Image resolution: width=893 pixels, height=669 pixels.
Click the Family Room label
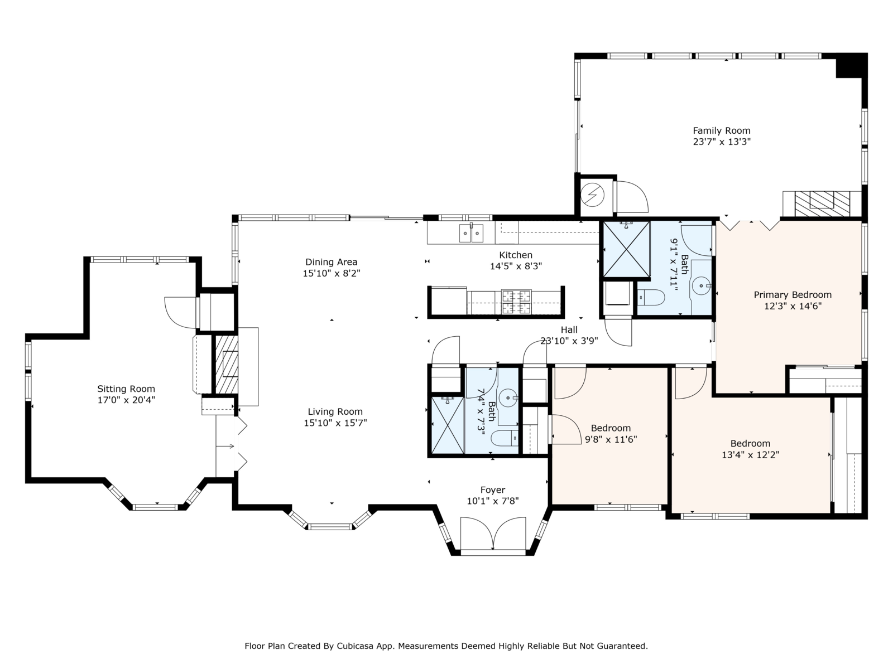coord(721,131)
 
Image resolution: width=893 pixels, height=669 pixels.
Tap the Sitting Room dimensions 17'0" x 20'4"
coord(126,400)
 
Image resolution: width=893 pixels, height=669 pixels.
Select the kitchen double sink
coord(471,233)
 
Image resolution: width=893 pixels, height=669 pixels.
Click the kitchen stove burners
coord(516,302)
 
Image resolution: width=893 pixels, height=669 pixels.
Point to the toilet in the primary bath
coord(651,298)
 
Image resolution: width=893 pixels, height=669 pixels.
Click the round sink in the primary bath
coord(702,286)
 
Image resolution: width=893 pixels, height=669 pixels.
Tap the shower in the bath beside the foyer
coord(447,425)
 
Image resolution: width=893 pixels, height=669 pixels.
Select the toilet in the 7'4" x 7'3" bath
coord(505,438)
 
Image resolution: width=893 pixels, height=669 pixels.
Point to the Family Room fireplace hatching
coord(822,204)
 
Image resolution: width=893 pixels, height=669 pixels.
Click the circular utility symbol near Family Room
coord(593,195)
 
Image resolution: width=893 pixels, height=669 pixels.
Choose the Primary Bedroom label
coord(793,295)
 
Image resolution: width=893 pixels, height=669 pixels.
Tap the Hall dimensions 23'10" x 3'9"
coord(569,341)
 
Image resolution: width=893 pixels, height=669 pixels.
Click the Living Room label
coord(335,411)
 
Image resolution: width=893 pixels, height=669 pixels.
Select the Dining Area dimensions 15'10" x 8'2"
coord(331,273)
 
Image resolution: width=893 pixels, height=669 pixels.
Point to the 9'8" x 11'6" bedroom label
coord(611,428)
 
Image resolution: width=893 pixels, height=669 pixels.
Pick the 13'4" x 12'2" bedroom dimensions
coord(750,454)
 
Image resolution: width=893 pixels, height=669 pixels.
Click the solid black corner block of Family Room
coord(849,66)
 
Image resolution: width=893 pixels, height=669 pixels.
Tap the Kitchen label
coord(516,255)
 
